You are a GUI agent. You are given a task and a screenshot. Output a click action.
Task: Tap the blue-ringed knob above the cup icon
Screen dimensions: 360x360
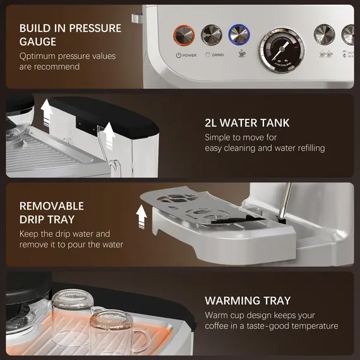click(238, 34)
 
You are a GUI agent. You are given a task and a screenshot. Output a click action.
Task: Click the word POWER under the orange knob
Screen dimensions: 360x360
click(189, 55)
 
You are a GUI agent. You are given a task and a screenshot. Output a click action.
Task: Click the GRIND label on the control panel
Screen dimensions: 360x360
click(217, 55)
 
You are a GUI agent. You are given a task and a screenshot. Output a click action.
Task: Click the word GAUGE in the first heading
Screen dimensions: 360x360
click(39, 42)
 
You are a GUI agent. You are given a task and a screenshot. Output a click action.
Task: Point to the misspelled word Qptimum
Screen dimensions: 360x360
click(41, 56)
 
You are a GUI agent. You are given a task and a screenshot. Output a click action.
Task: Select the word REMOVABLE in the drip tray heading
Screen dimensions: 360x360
click(52, 206)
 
